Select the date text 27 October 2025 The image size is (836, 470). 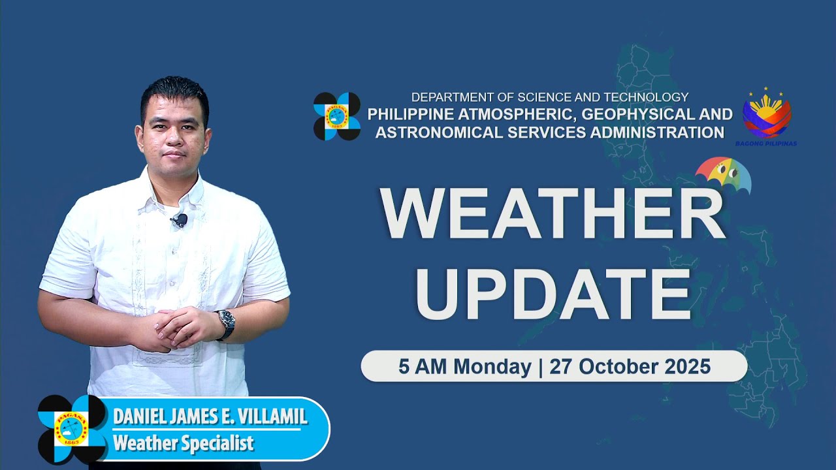point(630,367)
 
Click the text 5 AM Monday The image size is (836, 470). point(464,367)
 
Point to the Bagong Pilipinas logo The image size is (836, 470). point(766,117)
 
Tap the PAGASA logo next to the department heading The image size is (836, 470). point(337,116)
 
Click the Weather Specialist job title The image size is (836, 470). point(183,444)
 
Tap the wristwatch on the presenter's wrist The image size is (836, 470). point(225,322)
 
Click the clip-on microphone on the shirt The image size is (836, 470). point(180,221)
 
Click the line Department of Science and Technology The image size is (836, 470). point(549,97)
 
